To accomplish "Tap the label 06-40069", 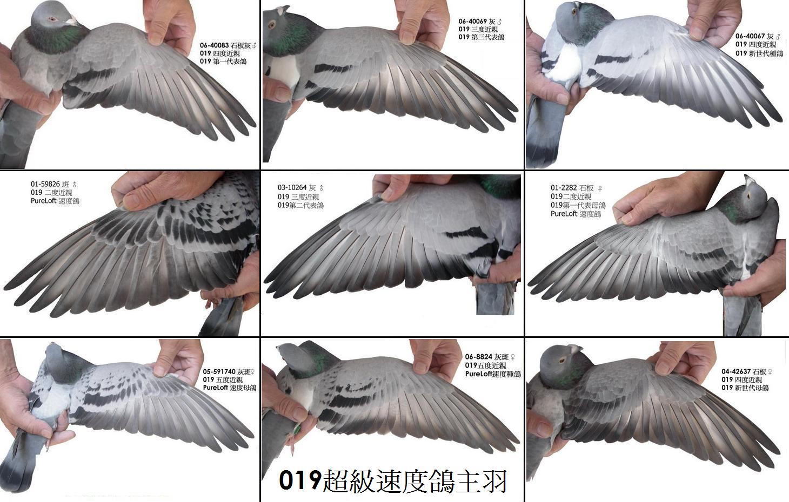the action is [472, 22].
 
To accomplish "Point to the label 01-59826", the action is [45, 184].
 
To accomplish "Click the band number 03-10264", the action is [292, 188].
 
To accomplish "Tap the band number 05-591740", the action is [219, 371].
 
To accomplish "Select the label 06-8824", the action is [478, 357].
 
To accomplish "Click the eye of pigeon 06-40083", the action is [53, 19].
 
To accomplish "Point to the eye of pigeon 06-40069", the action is [271, 25].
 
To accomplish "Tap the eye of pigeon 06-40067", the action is [574, 12].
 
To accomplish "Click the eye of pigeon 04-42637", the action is [562, 360].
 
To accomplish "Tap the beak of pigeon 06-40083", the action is [73, 22].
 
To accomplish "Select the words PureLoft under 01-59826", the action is [44, 201].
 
